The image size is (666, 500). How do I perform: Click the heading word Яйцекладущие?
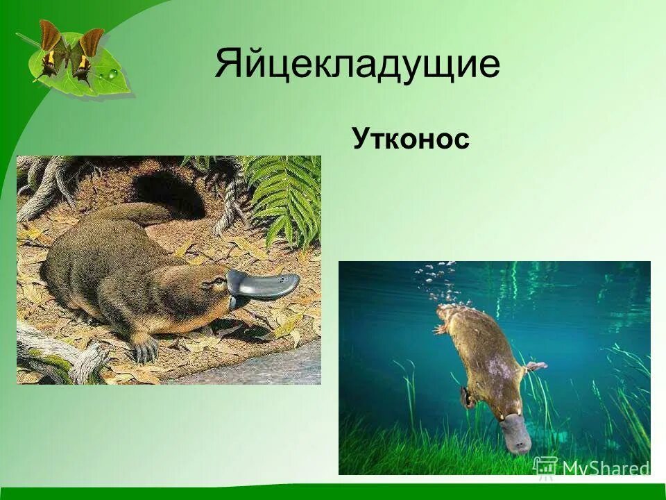click(357, 65)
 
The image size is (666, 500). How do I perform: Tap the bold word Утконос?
click(411, 139)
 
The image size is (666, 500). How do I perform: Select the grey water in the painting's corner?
click(277, 368)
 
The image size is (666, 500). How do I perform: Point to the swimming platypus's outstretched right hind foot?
click(535, 365)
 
